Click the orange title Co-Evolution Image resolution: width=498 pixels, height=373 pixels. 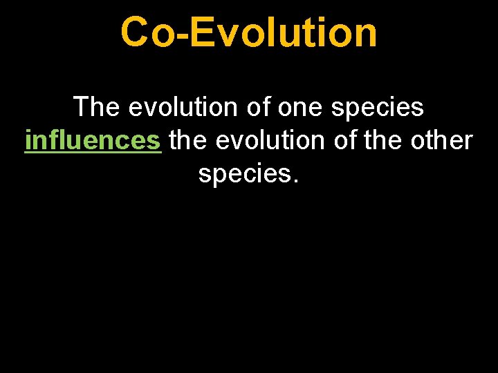[x=249, y=32]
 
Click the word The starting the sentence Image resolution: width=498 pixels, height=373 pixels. [x=97, y=107]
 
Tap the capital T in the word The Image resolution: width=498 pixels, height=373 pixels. [x=82, y=107]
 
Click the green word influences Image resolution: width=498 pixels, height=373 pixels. [x=92, y=140]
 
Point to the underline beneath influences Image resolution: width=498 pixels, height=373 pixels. [x=92, y=154]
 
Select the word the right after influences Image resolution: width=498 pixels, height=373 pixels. [x=189, y=140]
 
